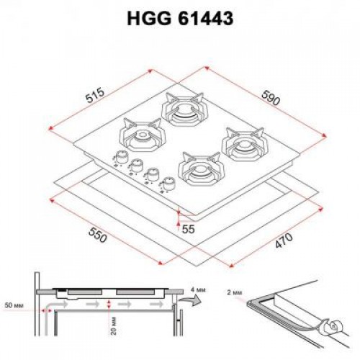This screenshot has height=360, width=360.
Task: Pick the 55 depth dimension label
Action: (x=189, y=228)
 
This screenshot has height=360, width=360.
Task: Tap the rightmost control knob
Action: (x=167, y=184)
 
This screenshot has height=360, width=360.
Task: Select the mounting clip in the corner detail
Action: (x=333, y=326)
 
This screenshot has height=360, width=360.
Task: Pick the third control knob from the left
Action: (x=152, y=175)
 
